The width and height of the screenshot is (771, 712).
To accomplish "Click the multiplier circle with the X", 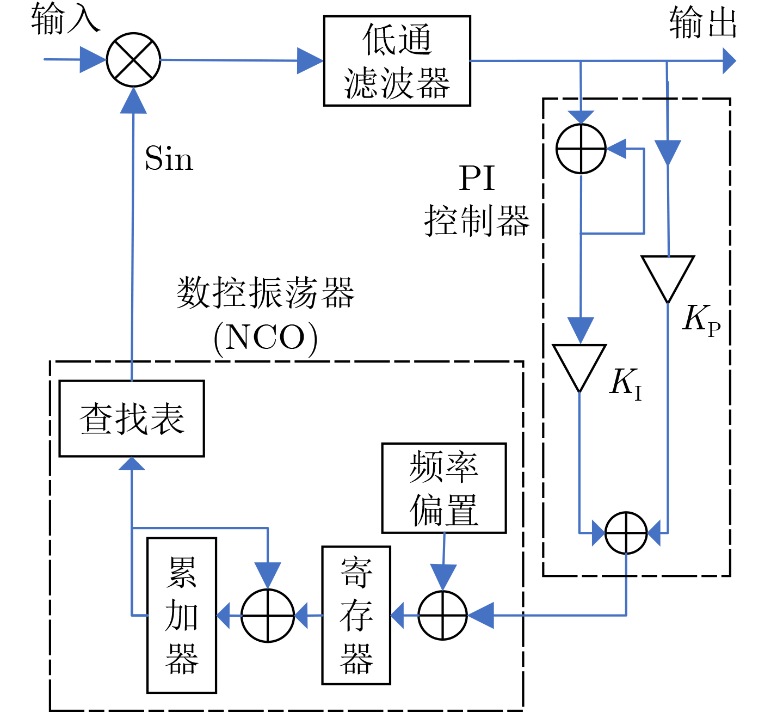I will click(133, 60).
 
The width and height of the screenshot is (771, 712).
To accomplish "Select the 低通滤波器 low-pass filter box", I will click(397, 60).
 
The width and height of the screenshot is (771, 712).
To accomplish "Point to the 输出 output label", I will click(702, 23).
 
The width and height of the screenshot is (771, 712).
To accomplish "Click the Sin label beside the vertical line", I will click(169, 159).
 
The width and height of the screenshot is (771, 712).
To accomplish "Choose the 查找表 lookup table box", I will click(132, 418).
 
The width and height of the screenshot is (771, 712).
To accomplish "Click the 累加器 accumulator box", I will click(182, 615).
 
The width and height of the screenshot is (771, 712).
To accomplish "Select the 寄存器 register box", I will click(356, 615).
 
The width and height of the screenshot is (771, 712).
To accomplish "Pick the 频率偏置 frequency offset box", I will click(444, 488).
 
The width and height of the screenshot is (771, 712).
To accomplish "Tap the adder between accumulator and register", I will click(268, 616).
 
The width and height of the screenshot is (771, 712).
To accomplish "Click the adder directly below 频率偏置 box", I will click(443, 616).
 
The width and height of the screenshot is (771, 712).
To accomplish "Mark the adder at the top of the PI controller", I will click(581, 149).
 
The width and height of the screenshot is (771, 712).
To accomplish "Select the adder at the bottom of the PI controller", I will click(626, 533).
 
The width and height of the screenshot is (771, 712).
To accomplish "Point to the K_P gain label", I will click(701, 319).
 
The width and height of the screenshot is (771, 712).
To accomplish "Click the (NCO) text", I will click(266, 339).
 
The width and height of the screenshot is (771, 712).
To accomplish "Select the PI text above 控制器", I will click(477, 178).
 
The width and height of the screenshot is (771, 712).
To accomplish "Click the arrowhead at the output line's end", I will click(729, 60).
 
